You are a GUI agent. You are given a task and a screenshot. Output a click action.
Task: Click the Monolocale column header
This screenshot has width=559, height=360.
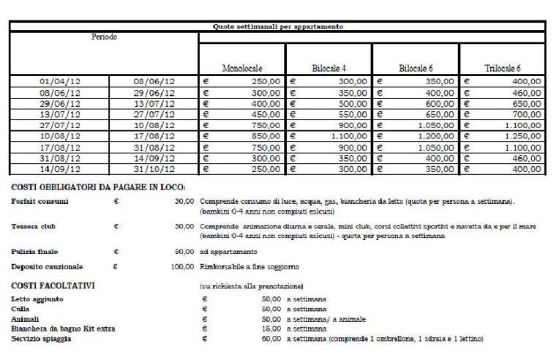pos(242,68)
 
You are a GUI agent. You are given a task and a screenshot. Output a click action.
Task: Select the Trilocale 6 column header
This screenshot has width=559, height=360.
pos(503,68)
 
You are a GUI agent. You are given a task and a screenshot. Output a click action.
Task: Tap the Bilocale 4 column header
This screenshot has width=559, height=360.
pos(329,68)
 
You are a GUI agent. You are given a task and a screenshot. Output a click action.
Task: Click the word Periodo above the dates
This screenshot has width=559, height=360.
pos(103,36)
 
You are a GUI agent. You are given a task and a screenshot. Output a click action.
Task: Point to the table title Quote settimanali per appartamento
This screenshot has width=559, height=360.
pos(277,26)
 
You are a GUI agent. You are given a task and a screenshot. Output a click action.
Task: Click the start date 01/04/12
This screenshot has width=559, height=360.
pos(59,82)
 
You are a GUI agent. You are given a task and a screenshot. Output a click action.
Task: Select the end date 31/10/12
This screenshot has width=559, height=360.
pos(152,169)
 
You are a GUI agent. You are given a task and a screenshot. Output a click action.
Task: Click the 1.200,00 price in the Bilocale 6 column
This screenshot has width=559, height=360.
pos(434,136)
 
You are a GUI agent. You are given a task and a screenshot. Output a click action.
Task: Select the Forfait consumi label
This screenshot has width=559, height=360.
pos(38,200)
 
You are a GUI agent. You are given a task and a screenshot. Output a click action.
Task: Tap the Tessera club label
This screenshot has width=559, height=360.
pos(34,227)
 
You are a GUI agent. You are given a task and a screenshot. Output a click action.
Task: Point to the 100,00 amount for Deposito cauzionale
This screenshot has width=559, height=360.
pos(182,267)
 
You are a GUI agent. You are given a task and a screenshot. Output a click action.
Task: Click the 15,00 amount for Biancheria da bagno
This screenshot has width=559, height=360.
pos(271,329)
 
